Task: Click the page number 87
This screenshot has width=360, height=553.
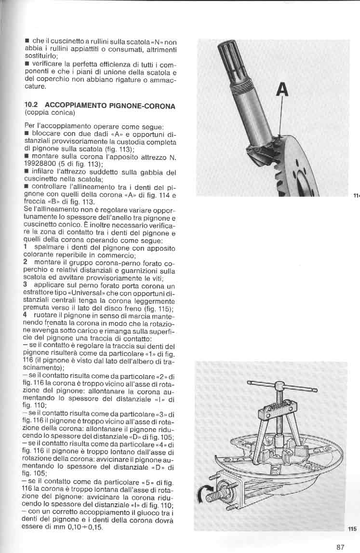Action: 340,547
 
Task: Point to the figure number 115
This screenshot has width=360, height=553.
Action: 352,529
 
